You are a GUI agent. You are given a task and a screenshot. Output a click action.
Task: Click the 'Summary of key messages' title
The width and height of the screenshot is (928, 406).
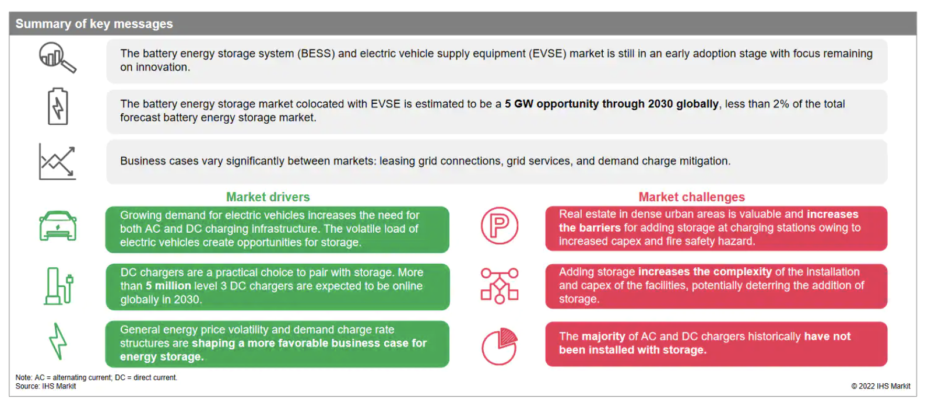tap(94, 24)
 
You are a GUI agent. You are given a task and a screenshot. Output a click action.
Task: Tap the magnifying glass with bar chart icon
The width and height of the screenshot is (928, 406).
tap(58, 58)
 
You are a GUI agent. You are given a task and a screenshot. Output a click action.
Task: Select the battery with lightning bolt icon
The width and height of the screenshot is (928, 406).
tap(58, 106)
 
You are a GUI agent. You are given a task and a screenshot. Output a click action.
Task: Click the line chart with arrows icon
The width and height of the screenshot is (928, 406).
tap(57, 162)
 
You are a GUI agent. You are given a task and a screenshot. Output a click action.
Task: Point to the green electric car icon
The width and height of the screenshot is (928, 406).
tap(58, 226)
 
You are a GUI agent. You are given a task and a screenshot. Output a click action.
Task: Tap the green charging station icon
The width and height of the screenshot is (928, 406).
tap(58, 286)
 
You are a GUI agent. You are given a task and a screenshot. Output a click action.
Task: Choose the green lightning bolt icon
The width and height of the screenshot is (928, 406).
tap(58, 341)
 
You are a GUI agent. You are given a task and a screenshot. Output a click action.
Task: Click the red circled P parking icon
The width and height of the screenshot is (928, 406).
tap(499, 226)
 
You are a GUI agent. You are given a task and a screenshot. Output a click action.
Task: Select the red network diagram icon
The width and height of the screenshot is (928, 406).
tap(499, 286)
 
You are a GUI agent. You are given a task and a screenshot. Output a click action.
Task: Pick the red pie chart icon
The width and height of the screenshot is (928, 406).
tap(499, 346)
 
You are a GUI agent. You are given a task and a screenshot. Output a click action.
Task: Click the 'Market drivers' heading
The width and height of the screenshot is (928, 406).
tap(268, 197)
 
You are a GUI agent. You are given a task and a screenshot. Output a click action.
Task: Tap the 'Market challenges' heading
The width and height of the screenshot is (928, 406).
tap(691, 197)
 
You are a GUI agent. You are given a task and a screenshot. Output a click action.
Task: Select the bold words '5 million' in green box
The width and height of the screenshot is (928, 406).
tap(168, 286)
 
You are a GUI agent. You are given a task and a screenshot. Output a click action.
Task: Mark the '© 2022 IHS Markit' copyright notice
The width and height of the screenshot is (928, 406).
tap(881, 386)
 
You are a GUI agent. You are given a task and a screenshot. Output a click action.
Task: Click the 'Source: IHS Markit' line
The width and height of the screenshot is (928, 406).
tap(45, 386)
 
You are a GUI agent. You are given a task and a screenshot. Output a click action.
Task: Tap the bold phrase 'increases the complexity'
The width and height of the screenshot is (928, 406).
tap(705, 272)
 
